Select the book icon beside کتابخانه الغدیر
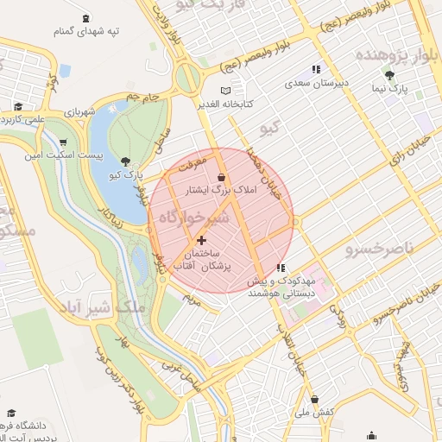click(225, 91)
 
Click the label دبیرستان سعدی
click(317, 85)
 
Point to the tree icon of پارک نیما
click(390, 75)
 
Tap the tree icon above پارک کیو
click(128, 161)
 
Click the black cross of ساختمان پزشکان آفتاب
click(201, 240)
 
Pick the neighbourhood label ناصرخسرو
click(380, 250)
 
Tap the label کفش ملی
click(315, 414)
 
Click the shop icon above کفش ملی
click(314, 400)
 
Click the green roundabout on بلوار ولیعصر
click(186, 79)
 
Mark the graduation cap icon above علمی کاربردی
click(17, 107)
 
